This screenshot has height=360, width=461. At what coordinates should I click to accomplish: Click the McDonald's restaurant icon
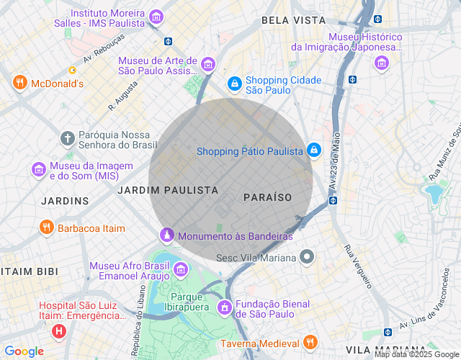tap(19, 83)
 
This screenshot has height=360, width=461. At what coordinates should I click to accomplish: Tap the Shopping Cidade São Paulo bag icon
tap(234, 84)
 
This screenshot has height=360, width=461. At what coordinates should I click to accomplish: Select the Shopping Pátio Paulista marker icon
tap(313, 150)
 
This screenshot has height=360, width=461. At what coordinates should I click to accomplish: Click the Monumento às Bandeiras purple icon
tap(166, 235)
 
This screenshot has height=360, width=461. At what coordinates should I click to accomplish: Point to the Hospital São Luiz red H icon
tap(58, 332)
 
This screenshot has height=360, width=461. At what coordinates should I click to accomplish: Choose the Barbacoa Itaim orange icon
tap(47, 228)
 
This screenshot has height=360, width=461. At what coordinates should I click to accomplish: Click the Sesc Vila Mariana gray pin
tap(308, 257)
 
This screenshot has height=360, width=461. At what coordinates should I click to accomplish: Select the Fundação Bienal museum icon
tap(224, 307)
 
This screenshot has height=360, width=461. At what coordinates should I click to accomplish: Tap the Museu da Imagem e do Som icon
tap(38, 170)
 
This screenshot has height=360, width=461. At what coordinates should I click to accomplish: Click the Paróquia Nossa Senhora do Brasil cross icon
tap(67, 138)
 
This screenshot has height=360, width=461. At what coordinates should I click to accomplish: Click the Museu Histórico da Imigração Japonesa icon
tap(381, 64)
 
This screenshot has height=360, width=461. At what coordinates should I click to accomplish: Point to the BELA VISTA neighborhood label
tap(294, 20)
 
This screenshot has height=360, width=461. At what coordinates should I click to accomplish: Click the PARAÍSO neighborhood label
tap(267, 197)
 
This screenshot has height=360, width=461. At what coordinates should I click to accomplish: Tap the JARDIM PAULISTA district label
tap(168, 190)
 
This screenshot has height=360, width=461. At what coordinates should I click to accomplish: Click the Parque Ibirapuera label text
tap(190, 302)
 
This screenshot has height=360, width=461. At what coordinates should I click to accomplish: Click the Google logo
tap(24, 351)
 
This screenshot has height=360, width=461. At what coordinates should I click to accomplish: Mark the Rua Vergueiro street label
tap(357, 267)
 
